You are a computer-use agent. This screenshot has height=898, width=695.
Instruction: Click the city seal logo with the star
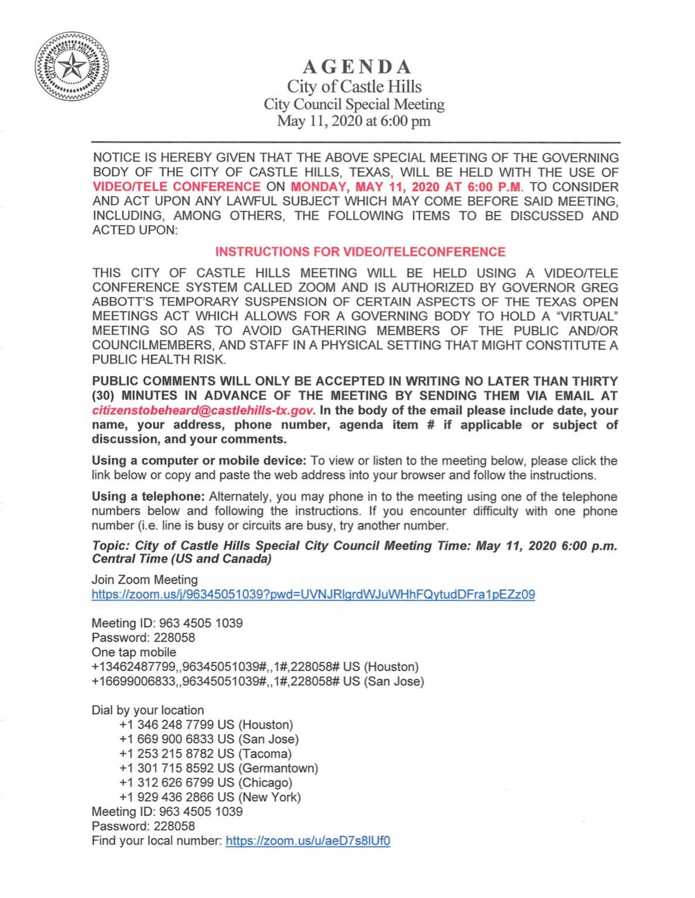point(71,69)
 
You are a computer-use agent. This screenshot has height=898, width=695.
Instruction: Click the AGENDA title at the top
point(354,67)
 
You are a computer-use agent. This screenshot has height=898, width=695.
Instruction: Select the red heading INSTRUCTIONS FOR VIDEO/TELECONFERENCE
point(360,252)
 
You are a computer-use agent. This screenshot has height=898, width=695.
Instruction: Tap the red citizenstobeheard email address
point(204,411)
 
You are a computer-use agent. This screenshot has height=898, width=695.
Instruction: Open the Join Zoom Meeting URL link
point(313,595)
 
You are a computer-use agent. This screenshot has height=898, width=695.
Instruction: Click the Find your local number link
point(307,841)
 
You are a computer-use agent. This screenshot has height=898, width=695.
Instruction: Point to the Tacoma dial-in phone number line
point(205,753)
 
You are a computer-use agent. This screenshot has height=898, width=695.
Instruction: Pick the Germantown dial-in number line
point(218,768)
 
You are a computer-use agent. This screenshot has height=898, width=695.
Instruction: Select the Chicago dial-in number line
point(206,783)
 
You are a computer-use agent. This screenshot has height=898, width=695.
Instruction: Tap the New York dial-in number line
point(210,797)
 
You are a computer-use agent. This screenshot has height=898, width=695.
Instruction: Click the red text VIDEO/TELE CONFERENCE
point(176,187)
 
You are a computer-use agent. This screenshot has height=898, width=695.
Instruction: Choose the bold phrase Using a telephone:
point(148,497)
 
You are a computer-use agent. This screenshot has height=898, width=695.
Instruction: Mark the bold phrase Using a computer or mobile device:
point(199,461)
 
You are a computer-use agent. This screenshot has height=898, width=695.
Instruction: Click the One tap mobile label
point(133,652)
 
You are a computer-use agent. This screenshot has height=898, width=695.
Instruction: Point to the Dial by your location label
point(148,710)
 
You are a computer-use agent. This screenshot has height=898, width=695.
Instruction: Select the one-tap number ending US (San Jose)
point(258,681)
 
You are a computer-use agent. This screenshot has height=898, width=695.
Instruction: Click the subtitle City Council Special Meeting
point(354,104)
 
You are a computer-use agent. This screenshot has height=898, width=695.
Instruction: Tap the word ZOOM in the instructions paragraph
point(319,288)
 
